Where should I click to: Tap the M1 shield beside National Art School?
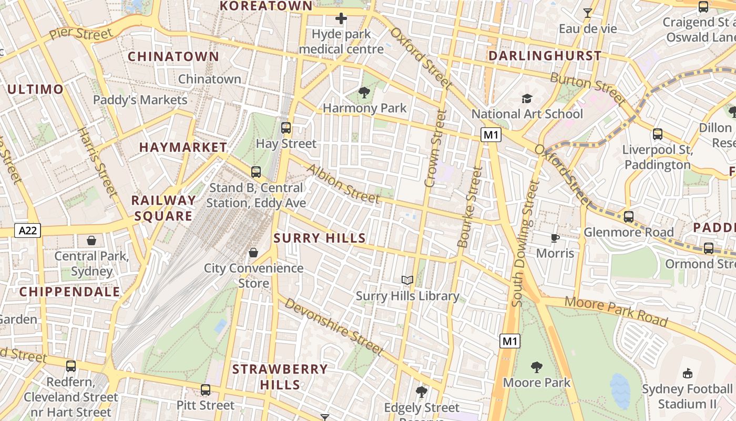pyautogui.click(x=490, y=135)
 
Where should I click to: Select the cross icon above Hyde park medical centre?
pyautogui.click(x=341, y=19)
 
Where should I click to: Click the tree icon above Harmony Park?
pyautogui.click(x=364, y=93)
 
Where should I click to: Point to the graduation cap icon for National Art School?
pyautogui.click(x=527, y=98)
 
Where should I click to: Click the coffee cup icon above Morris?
pyautogui.click(x=555, y=238)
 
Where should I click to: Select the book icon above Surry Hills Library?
pyautogui.click(x=407, y=280)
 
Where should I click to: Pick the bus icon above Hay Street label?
pyautogui.click(x=286, y=128)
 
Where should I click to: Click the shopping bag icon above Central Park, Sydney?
pyautogui.click(x=91, y=240)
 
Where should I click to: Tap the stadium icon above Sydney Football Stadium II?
pyautogui.click(x=687, y=374)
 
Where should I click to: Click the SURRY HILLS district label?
pyautogui.click(x=320, y=238)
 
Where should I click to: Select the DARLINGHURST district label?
pyautogui.click(x=545, y=56)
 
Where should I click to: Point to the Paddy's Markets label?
pyautogui.click(x=140, y=100)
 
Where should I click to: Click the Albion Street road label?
pyautogui.click(x=343, y=184)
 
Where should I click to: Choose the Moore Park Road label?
pyautogui.click(x=616, y=312)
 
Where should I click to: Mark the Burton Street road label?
pyautogui.click(x=588, y=88)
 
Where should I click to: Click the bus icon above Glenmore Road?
pyautogui.click(x=628, y=217)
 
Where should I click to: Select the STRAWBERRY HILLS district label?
pyautogui.click(x=280, y=377)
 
